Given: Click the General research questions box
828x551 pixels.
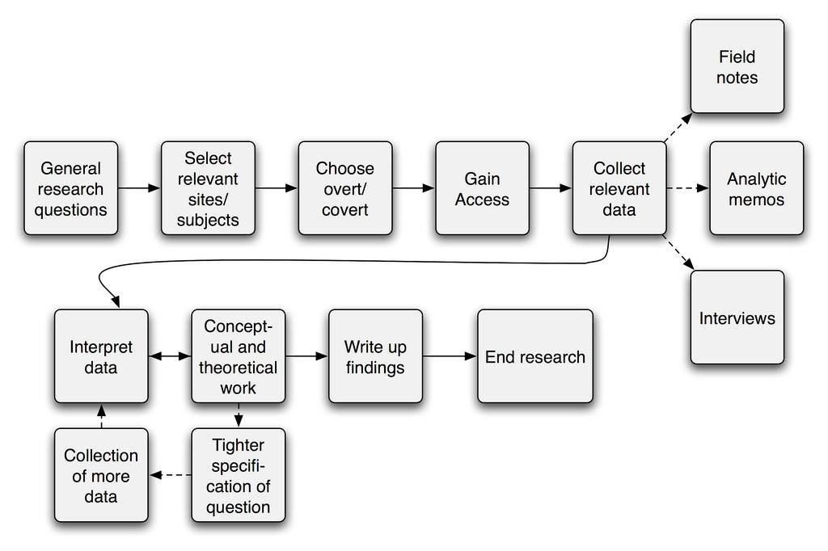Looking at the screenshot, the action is (71, 188).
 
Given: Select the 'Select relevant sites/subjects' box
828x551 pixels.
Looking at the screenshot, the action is (208, 188).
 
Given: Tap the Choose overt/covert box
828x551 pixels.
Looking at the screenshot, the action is (345, 188).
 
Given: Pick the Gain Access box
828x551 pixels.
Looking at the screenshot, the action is (482, 188).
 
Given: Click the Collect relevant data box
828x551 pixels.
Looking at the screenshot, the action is (619, 188).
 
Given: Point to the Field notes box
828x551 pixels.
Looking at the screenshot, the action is (737, 66).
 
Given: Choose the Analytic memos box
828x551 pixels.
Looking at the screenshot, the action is (757, 188).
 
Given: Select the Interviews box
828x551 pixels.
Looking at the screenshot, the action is (737, 318).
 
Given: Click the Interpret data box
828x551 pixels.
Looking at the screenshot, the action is (101, 356).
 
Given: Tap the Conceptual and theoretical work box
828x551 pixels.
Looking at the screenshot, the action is (239, 356).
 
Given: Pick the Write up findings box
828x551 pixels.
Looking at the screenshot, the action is (375, 356).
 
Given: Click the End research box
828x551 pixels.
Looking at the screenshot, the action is (535, 356).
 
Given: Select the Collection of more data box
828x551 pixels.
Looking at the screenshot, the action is (101, 475).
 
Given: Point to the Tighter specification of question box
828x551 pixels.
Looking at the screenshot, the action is (239, 475).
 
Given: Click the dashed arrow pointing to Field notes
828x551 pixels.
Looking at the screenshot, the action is (678, 127).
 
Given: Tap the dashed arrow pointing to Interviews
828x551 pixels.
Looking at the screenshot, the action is (678, 252).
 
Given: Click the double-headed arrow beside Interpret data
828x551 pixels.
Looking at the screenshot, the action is (170, 356).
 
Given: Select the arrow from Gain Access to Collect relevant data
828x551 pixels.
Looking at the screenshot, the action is (551, 188).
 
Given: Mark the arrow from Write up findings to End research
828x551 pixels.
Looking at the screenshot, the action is (450, 356).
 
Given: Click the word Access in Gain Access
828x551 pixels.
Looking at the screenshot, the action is (482, 200).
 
